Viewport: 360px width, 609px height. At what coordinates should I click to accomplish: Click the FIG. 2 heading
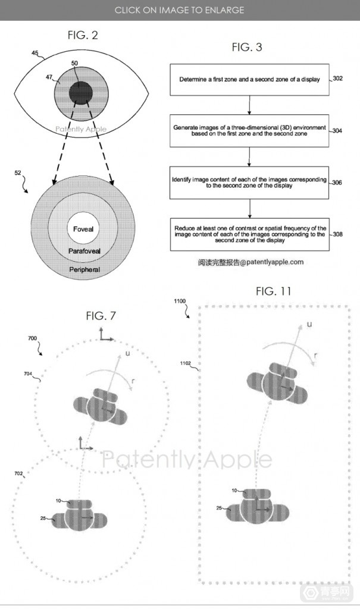point(83,35)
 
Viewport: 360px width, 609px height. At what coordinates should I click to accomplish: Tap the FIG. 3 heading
point(247,48)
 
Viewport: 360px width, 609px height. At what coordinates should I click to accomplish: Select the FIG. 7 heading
point(101,316)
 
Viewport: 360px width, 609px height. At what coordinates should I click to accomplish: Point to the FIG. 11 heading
point(273,291)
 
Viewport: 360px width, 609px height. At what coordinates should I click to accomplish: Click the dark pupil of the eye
point(81,94)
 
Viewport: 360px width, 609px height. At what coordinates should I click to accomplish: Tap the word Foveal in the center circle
point(83,229)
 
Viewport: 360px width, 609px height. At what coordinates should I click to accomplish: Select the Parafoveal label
point(84,252)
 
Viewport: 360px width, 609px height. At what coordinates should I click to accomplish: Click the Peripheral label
point(84,269)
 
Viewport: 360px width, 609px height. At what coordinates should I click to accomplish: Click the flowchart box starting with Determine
point(249,80)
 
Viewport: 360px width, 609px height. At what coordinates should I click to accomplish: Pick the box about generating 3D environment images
point(249,131)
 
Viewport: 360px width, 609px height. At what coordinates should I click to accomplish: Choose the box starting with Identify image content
point(249,183)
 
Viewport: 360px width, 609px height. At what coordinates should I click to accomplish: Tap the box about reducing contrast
point(249,234)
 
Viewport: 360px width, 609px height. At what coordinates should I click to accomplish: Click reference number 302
point(338,79)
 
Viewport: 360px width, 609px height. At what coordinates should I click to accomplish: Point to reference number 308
point(337,234)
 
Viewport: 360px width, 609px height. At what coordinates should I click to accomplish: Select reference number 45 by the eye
point(35,53)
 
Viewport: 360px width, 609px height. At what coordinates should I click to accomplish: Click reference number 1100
point(180,301)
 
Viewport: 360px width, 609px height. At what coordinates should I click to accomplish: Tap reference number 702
point(18,473)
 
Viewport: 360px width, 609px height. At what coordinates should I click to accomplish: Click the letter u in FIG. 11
point(309,324)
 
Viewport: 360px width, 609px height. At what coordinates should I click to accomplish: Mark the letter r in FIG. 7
point(133,381)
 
